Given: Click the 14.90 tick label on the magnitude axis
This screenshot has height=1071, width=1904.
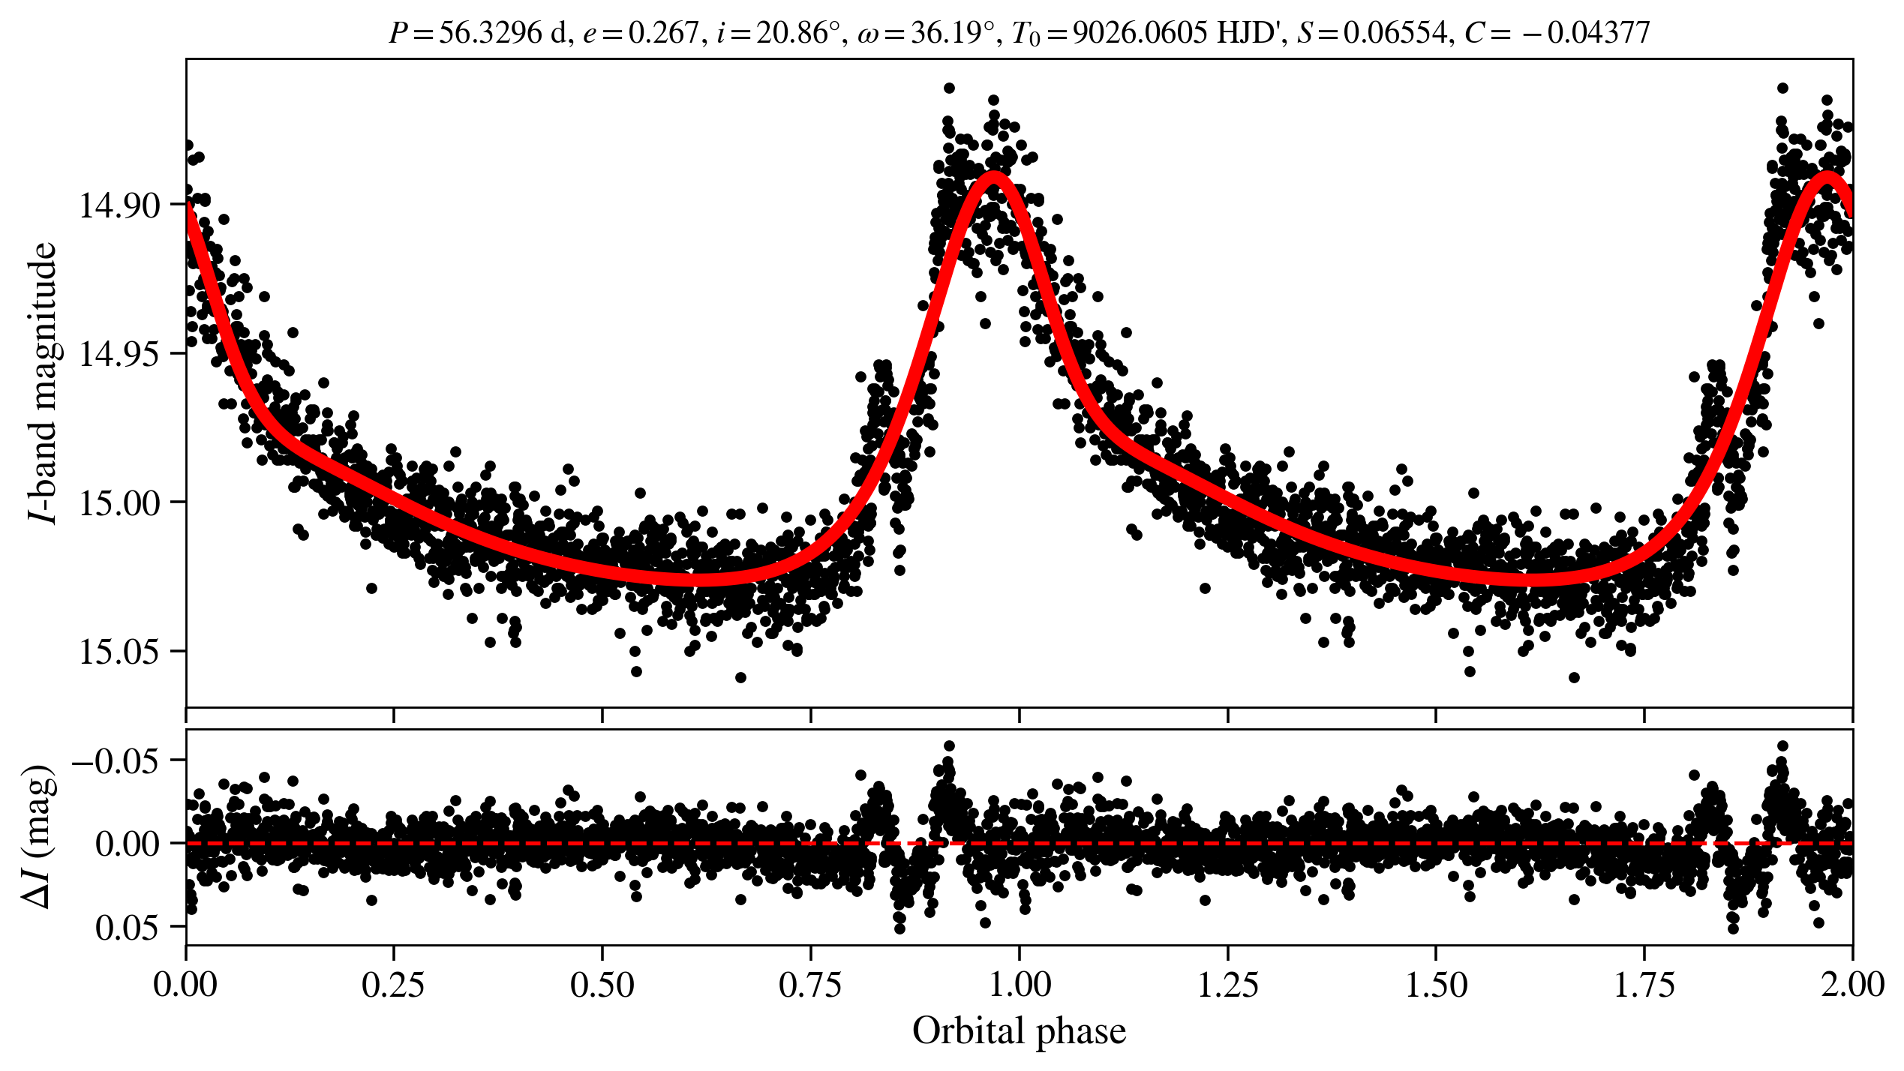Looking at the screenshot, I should pos(120,205).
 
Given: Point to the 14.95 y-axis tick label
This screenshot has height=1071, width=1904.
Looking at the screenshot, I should pos(120,354).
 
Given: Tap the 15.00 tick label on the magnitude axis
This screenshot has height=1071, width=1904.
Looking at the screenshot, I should pos(120,503).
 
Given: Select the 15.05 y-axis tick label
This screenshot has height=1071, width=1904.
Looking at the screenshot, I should pos(120,652).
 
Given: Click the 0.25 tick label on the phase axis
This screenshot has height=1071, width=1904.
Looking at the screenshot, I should pos(394,985).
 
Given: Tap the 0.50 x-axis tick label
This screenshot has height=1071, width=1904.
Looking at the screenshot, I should pos(602,985).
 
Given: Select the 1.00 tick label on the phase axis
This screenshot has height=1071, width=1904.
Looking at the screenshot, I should pos(1019,985).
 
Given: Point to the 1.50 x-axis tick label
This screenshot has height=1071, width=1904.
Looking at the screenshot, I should pos(1436,985).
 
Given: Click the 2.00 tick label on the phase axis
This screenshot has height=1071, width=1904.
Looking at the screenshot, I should pos(1852,985).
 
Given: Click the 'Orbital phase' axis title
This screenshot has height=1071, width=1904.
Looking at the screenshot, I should pos(1019,1031).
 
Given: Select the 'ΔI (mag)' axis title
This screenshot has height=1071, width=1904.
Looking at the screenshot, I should pos(39,836).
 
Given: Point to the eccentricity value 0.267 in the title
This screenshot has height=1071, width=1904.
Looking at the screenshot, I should pos(663,33).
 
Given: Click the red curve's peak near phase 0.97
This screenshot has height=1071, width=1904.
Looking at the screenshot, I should pos(994,178).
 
